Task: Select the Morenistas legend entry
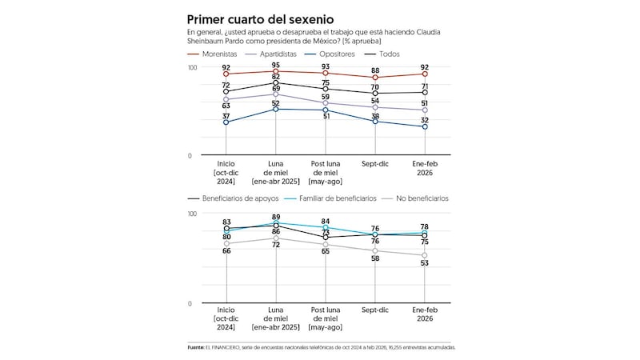click(225, 54)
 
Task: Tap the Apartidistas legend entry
click(300, 54)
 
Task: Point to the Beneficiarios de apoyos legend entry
click(238, 198)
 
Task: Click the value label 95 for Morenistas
click(276, 65)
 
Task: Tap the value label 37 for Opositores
click(227, 115)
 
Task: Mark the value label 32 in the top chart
click(424, 120)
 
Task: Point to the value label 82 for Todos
click(276, 77)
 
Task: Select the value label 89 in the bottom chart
click(276, 217)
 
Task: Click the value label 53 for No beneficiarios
click(424, 262)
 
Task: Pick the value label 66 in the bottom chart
click(227, 251)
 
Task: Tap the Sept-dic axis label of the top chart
click(375, 162)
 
